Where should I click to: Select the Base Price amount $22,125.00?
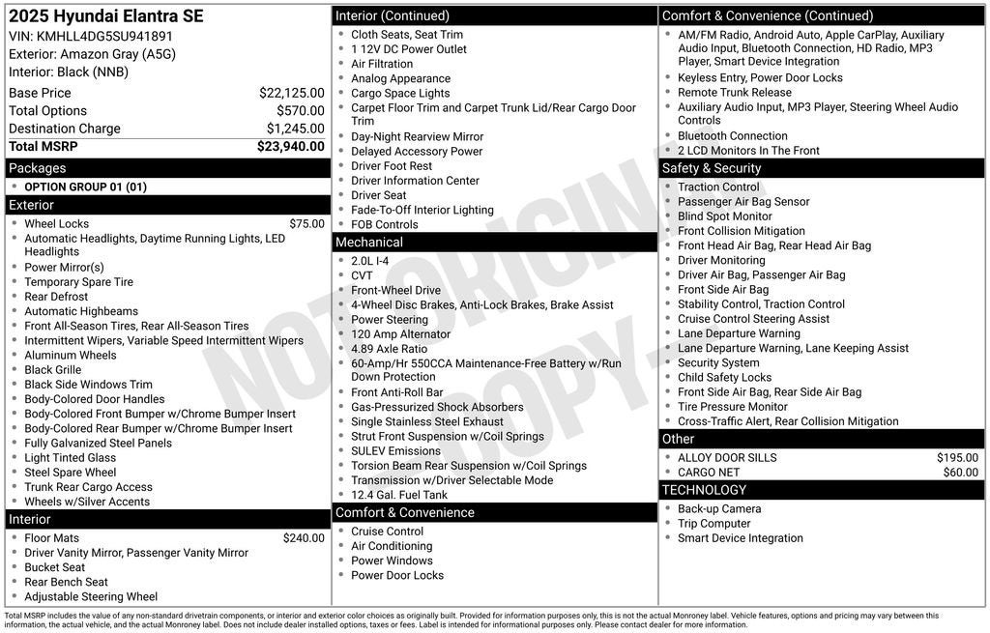291,93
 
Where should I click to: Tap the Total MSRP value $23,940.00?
290,146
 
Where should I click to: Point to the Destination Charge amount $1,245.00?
295,129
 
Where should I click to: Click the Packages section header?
38,168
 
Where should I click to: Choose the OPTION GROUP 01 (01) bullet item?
85,187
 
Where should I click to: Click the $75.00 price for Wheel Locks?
306,223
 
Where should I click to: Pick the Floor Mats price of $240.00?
304,538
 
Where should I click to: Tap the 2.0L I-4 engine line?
369,261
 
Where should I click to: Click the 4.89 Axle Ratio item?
389,349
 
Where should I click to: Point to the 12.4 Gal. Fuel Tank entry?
399,495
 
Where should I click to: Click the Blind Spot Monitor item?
725,216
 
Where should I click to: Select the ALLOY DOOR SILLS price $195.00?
957,458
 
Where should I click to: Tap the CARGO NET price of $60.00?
960,473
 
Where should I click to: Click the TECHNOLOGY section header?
704,490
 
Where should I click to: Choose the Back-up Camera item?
719,509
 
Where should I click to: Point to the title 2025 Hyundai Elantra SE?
106,16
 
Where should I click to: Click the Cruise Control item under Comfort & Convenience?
387,532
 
